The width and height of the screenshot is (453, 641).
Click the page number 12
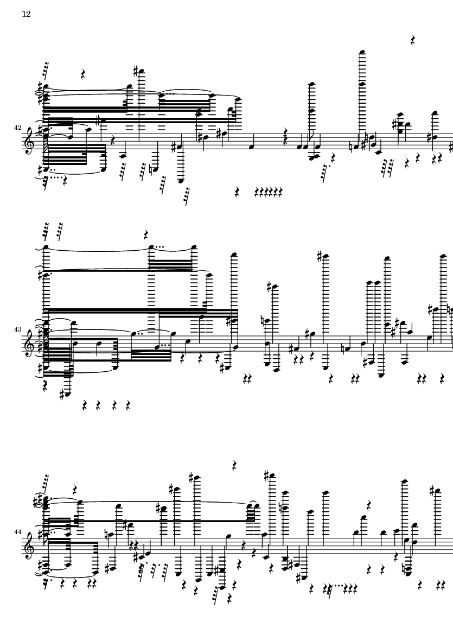(26, 14)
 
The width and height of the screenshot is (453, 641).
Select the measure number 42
(17, 128)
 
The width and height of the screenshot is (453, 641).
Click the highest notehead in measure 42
(361, 52)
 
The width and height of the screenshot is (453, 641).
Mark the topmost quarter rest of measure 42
(413, 40)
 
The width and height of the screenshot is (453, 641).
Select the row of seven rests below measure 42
(269, 191)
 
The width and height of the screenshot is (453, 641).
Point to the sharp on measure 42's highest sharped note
(136, 72)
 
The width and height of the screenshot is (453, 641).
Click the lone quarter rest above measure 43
(146, 234)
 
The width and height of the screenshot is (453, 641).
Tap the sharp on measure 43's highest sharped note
(320, 257)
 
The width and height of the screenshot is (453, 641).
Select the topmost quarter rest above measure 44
(235, 465)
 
